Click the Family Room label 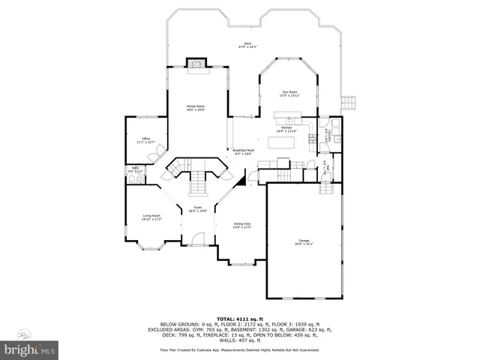point(196,108)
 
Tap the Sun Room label point(289,94)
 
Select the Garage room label point(304,241)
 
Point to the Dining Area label point(241,225)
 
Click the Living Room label point(152,217)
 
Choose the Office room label point(147,140)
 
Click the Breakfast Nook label point(244,152)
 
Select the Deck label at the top point(247,45)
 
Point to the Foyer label point(198,209)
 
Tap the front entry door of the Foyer point(198,239)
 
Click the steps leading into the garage point(326,187)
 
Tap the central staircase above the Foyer point(198,181)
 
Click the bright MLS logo point(29,349)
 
